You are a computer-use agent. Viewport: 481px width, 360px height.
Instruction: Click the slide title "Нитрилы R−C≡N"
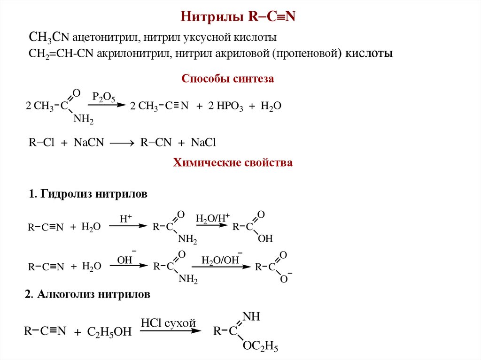[240, 17]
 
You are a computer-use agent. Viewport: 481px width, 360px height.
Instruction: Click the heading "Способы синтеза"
[227, 79]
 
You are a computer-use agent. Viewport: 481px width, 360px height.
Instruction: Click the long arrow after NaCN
[122, 143]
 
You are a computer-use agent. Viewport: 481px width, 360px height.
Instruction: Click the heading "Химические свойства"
[233, 163]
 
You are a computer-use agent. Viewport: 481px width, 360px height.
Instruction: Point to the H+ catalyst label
[125, 218]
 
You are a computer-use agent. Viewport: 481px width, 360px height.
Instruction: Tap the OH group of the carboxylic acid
[265, 239]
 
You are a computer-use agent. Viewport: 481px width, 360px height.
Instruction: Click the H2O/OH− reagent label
[221, 260]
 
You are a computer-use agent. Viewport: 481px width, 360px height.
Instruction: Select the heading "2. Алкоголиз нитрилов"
[87, 295]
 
